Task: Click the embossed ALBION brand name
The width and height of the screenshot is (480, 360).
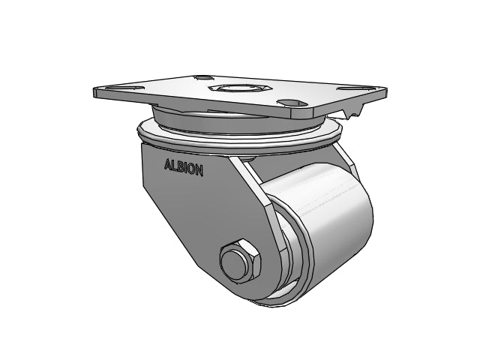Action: click(183, 167)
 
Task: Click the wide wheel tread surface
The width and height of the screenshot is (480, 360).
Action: click(330, 225)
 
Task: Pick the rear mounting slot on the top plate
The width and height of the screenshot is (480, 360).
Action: click(202, 76)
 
